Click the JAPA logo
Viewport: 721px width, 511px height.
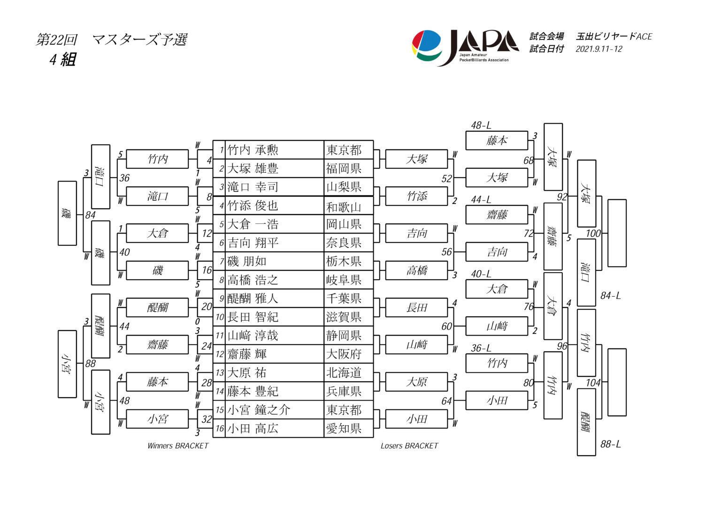click(x=465, y=47)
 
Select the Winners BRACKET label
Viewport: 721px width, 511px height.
click(x=177, y=446)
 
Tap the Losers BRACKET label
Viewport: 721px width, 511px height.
click(x=409, y=446)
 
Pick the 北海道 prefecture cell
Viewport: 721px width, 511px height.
click(x=344, y=373)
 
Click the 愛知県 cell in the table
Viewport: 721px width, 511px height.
click(x=344, y=429)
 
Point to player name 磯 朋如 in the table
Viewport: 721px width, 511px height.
click(x=247, y=261)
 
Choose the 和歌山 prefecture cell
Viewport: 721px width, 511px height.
click(x=344, y=206)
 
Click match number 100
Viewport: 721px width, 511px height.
click(x=593, y=233)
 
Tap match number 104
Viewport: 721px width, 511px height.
click(x=593, y=383)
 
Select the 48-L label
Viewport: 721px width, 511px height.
click(x=481, y=126)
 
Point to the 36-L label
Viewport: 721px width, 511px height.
click(x=481, y=348)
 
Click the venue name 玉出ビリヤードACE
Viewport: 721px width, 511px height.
click(x=614, y=36)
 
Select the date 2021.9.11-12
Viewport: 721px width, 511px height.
click(x=598, y=49)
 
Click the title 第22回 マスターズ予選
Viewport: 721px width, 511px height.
click(x=112, y=39)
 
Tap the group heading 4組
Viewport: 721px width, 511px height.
click(x=62, y=60)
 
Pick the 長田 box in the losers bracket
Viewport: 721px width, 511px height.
click(x=416, y=308)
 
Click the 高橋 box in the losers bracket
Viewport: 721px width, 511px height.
click(x=416, y=271)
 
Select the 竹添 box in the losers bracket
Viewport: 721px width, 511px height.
click(x=416, y=196)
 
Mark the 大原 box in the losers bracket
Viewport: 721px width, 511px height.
click(x=416, y=382)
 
